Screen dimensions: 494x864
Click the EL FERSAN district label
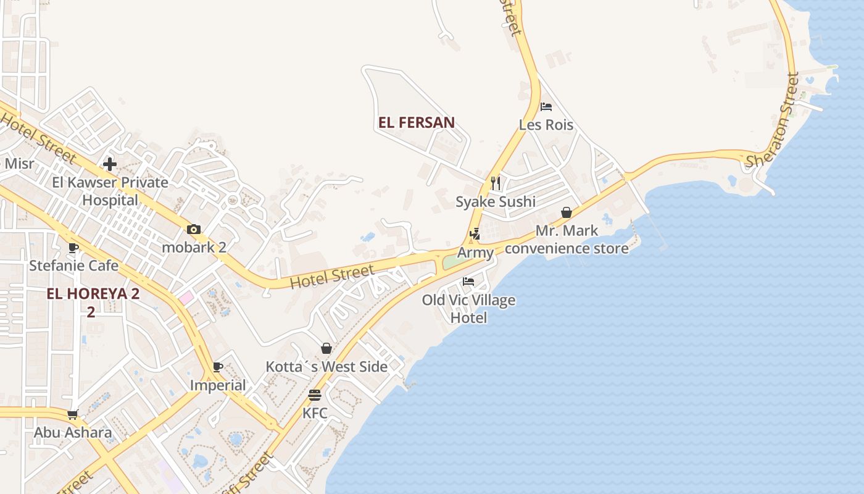pyautogui.click(x=417, y=122)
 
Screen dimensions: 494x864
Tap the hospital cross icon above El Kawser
pyautogui.click(x=110, y=164)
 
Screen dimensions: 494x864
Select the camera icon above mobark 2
pyautogui.click(x=194, y=230)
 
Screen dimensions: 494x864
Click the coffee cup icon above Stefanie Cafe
pyautogui.click(x=73, y=248)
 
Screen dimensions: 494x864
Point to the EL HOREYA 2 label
pyautogui.click(x=93, y=294)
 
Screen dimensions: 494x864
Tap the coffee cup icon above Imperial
pyautogui.click(x=218, y=367)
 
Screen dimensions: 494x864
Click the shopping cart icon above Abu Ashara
pyautogui.click(x=73, y=414)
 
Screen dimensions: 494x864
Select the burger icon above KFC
pyautogui.click(x=315, y=395)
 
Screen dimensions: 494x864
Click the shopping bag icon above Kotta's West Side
pyautogui.click(x=326, y=349)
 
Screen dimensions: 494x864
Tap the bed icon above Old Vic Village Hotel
pyautogui.click(x=468, y=282)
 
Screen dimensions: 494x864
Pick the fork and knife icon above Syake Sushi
pyautogui.click(x=495, y=183)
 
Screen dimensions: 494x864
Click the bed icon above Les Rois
pyautogui.click(x=546, y=107)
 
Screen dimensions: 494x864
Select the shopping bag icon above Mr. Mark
pyautogui.click(x=567, y=213)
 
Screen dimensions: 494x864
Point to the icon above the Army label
pyautogui.click(x=475, y=234)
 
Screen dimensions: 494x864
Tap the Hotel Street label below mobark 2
pyautogui.click(x=332, y=277)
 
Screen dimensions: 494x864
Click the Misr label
pyautogui.click(x=18, y=164)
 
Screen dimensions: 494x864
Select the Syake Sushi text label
pyautogui.click(x=496, y=202)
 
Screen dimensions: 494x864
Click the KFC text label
pyautogui.click(x=315, y=413)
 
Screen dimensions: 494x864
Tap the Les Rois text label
pyautogui.click(x=546, y=125)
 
